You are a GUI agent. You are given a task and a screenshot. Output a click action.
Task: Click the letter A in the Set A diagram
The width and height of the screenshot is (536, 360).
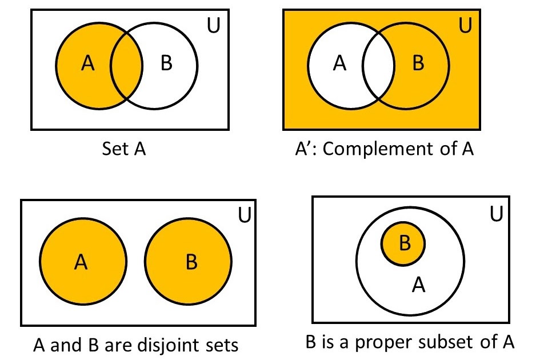87,64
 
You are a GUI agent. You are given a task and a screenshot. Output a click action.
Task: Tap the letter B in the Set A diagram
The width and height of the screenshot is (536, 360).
166,64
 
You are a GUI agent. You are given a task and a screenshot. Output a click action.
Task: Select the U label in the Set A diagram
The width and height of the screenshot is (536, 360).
213,26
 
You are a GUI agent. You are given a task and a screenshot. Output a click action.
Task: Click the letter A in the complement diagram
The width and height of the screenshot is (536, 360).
340,64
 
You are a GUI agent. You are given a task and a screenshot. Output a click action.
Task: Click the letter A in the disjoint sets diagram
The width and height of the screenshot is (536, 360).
81,262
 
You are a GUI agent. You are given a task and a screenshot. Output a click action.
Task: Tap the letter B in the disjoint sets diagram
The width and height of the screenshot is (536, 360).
191,262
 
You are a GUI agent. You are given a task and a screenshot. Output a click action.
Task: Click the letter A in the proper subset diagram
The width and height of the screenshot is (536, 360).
419,285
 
